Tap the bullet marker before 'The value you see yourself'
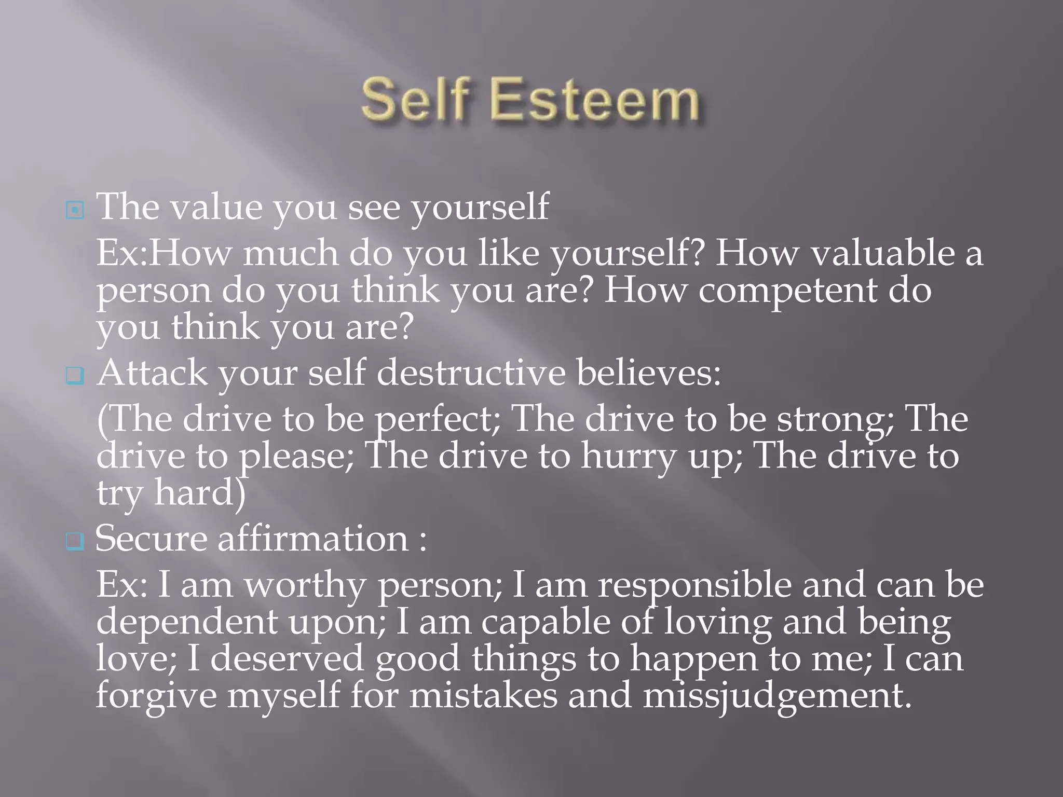(x=75, y=210)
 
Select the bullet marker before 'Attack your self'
(x=75, y=376)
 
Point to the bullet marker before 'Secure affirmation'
(x=75, y=541)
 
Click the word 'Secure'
(x=151, y=538)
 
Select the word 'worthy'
(x=305, y=585)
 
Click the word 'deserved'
(x=287, y=658)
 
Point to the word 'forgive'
(x=156, y=696)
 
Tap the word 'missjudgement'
(x=776, y=696)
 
